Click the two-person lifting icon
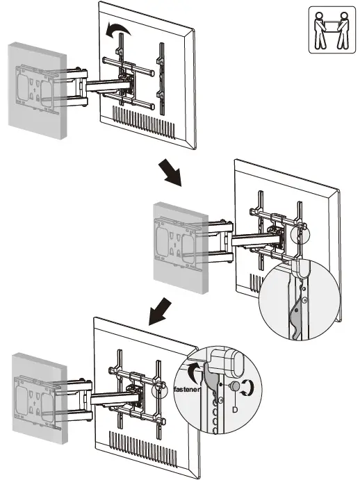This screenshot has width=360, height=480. [328, 31]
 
